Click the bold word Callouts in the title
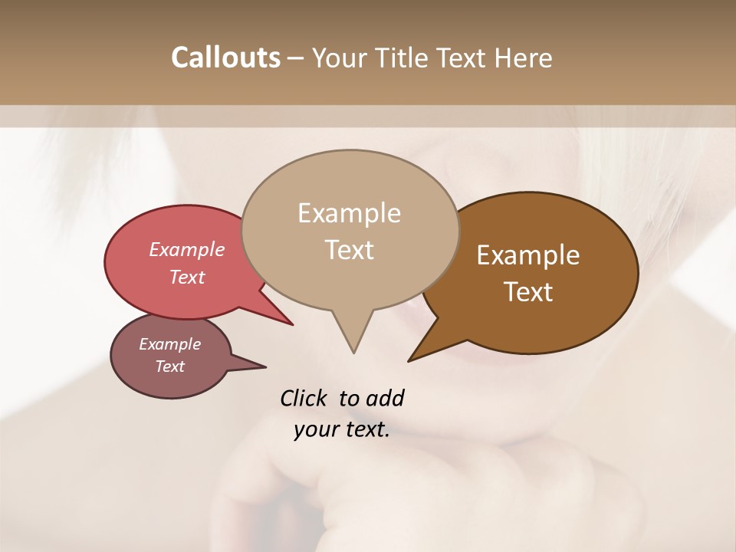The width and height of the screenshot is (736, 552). pyautogui.click(x=225, y=58)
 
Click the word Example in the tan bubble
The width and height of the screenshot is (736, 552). pyautogui.click(x=349, y=213)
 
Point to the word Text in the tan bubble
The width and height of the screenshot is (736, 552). pyautogui.click(x=349, y=250)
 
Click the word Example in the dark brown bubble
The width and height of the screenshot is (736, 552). pyautogui.click(x=528, y=255)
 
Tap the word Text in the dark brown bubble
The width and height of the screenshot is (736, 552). pyautogui.click(x=528, y=292)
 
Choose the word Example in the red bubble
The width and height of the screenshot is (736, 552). pyautogui.click(x=186, y=249)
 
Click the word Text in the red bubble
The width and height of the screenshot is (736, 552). pyautogui.click(x=186, y=277)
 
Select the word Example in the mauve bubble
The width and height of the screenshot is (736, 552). pyautogui.click(x=169, y=344)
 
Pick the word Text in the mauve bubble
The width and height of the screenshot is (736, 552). pyautogui.click(x=169, y=366)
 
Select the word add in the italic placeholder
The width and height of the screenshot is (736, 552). pyautogui.click(x=384, y=398)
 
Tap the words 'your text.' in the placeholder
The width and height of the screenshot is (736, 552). pyautogui.click(x=341, y=430)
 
